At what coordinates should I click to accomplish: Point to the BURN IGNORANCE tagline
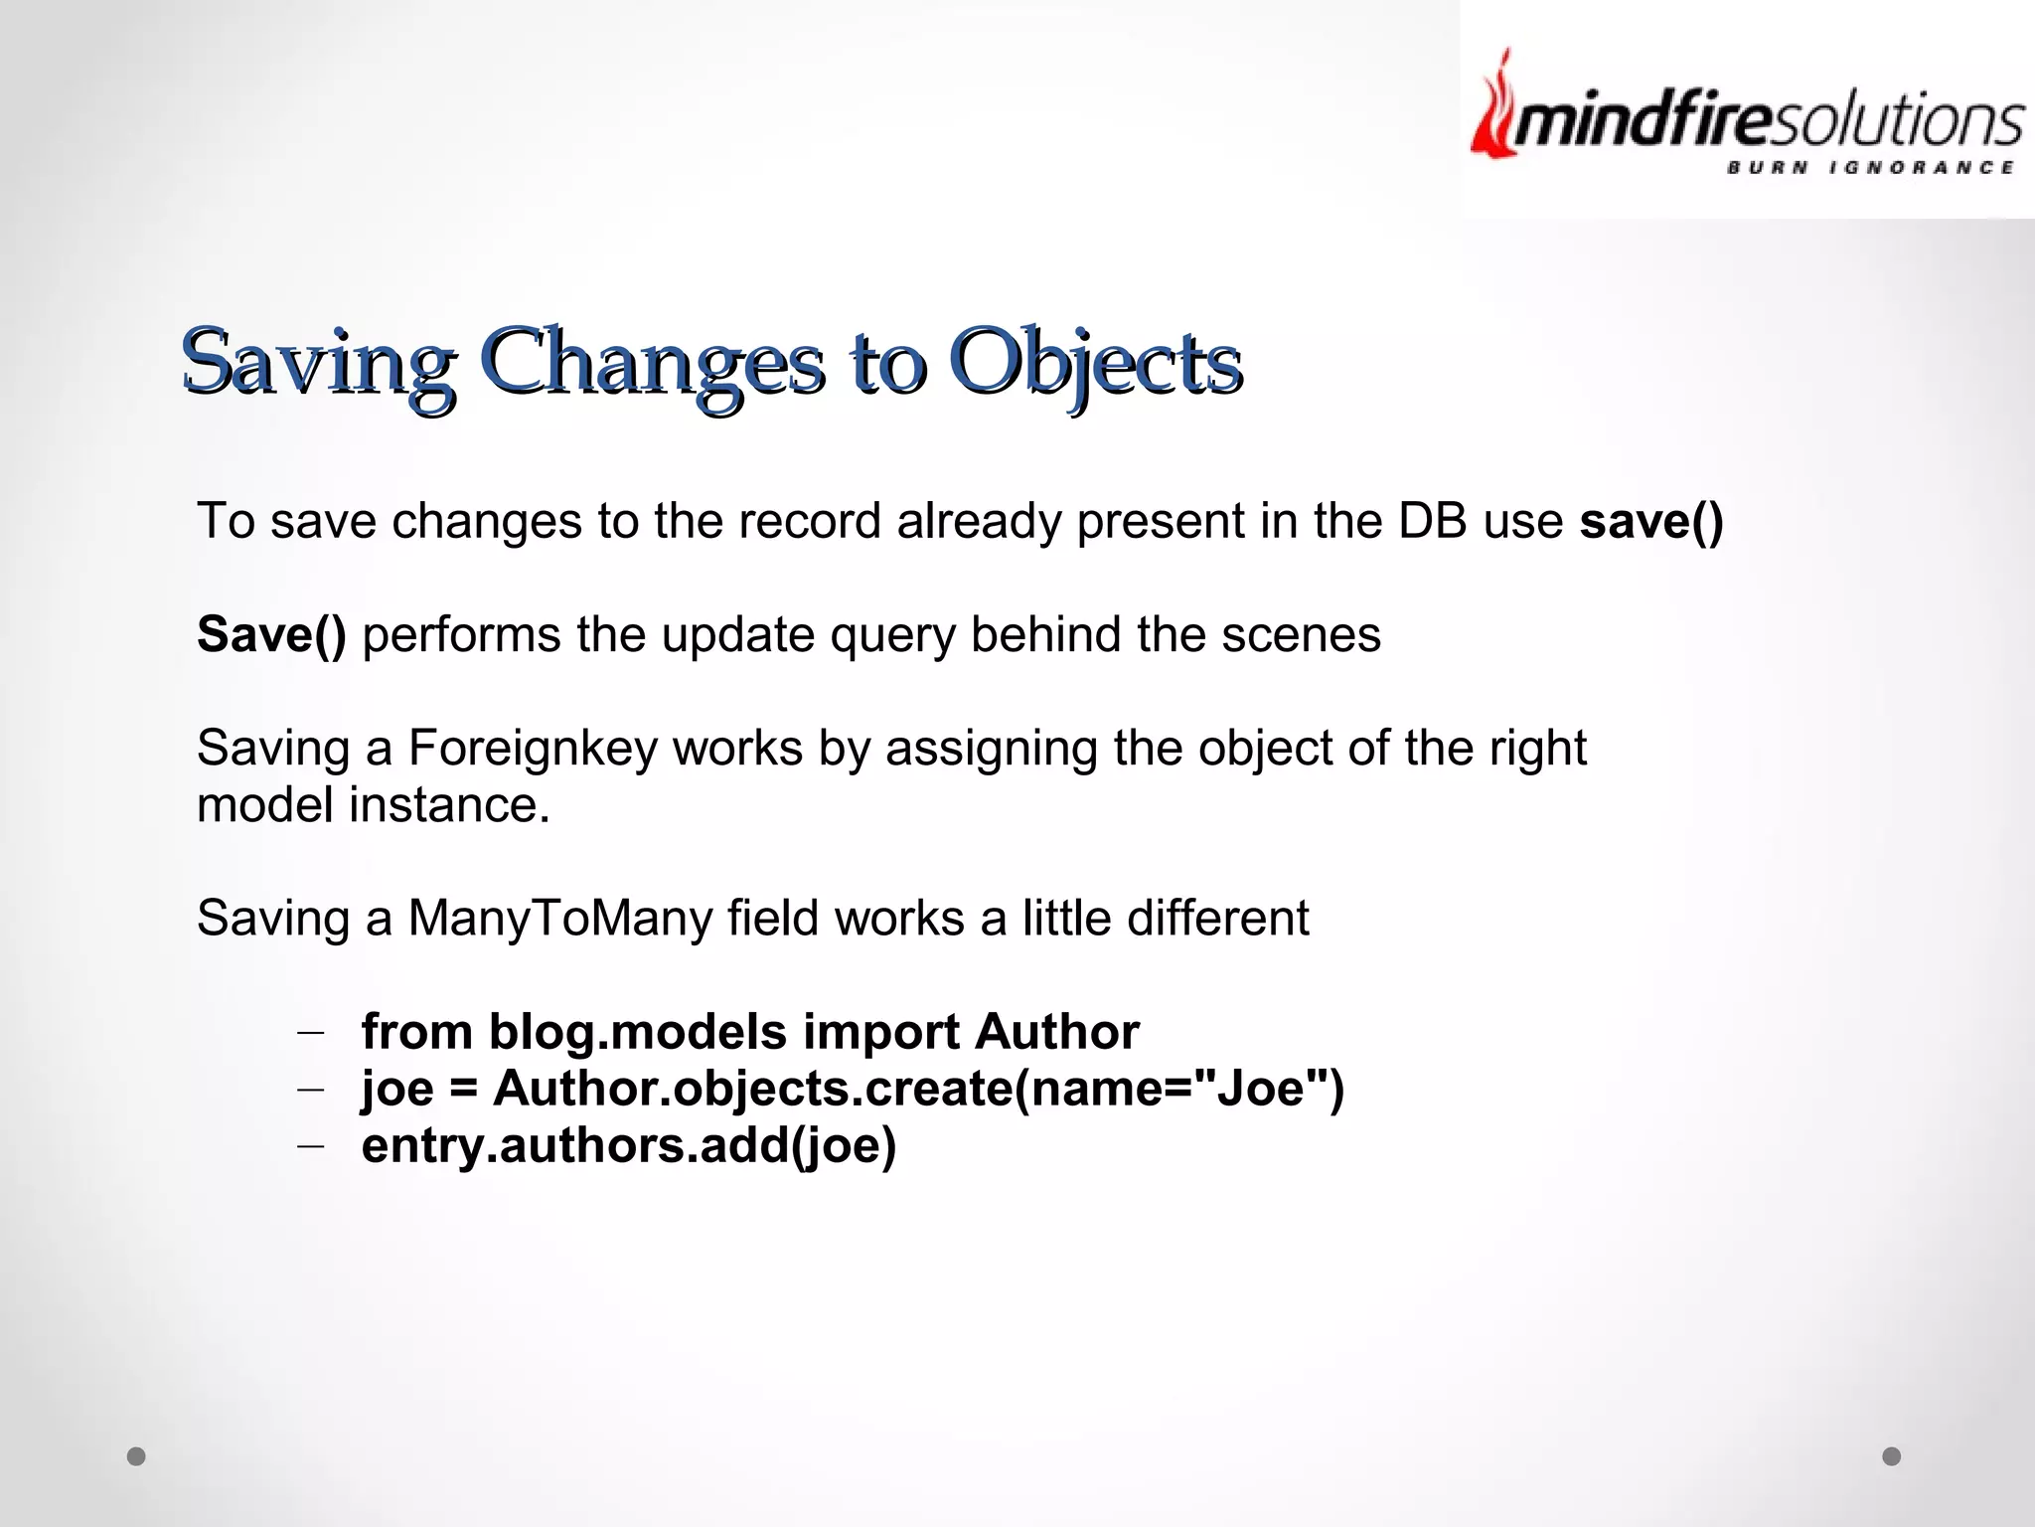tap(1869, 167)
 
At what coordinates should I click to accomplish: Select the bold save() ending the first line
tap(1650, 522)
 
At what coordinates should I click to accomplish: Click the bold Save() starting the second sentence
tap(271, 634)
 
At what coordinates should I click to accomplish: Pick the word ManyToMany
tap(559, 918)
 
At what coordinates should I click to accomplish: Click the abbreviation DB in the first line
tap(1432, 522)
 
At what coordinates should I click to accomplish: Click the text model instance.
tap(373, 805)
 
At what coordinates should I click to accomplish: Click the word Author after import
tap(1056, 1032)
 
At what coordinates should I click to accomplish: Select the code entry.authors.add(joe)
tap(629, 1145)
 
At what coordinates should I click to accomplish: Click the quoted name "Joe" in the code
tap(1265, 1089)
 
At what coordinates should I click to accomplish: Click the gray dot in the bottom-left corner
tap(137, 1456)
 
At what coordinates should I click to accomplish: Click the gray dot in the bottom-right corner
tap(1892, 1456)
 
